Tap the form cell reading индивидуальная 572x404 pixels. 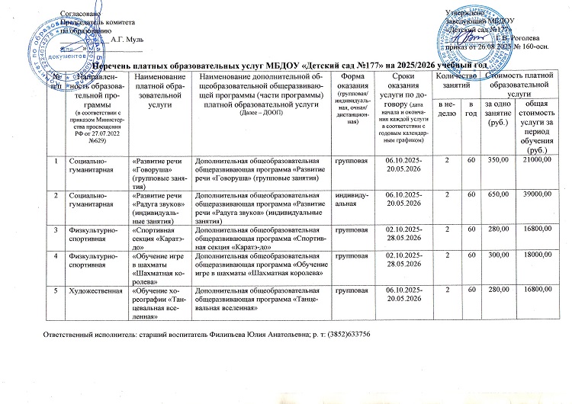point(352,199)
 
